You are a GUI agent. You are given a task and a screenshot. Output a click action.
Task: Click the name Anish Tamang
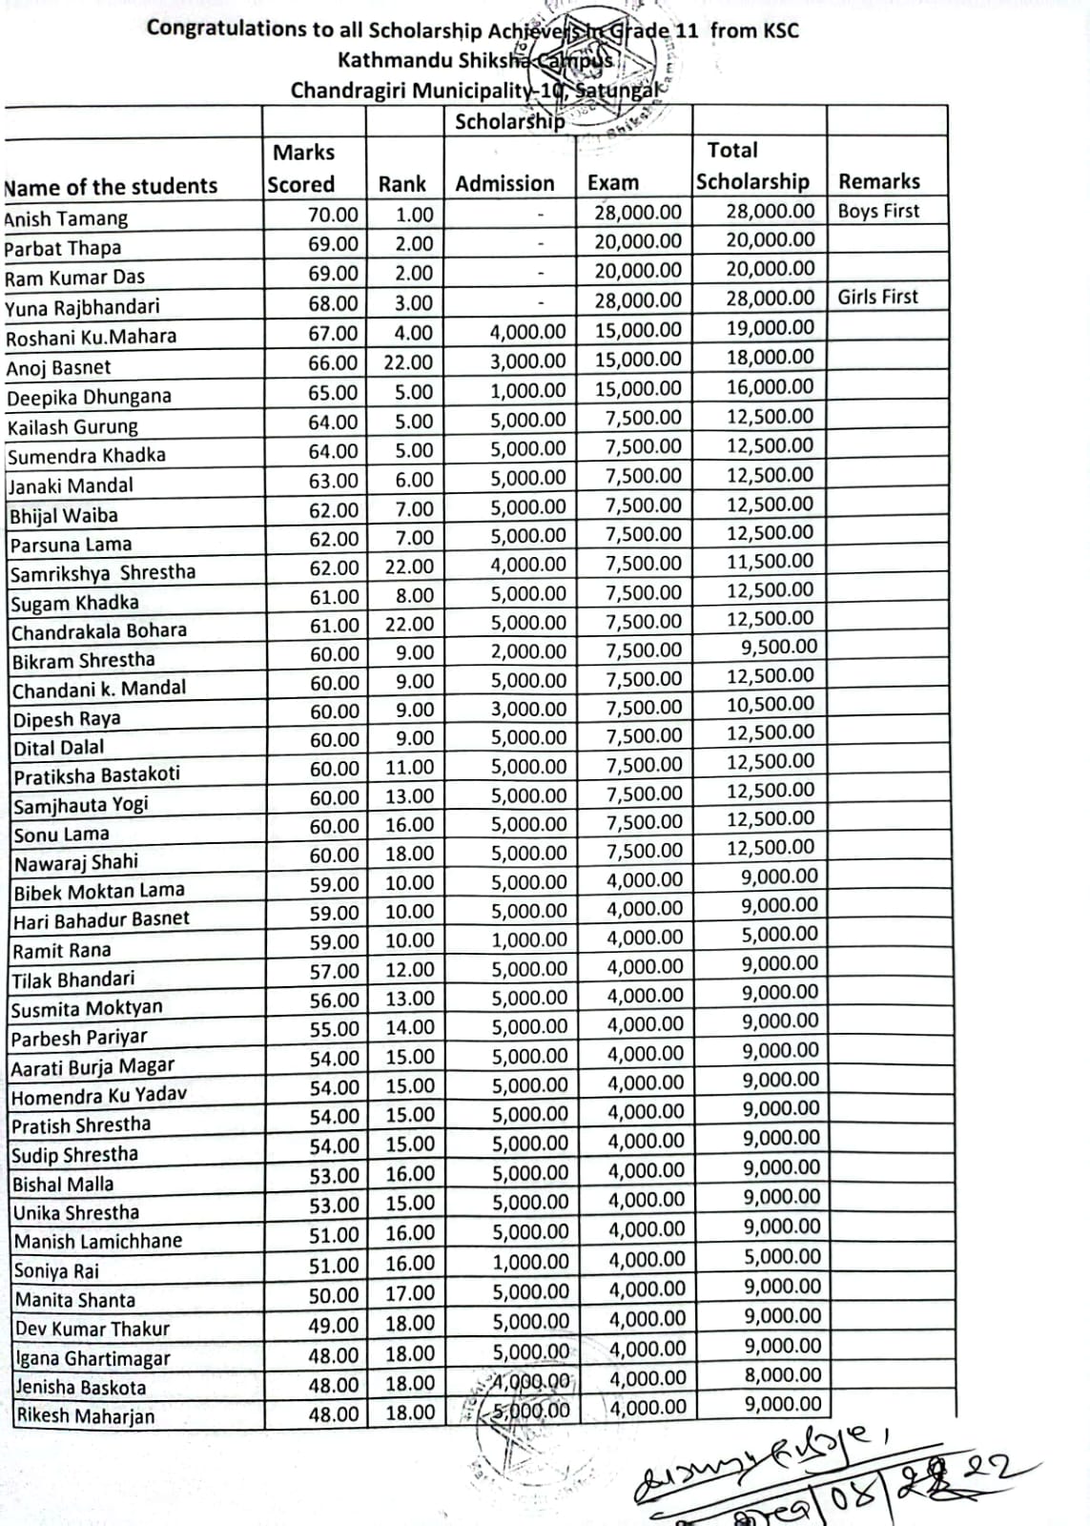66,218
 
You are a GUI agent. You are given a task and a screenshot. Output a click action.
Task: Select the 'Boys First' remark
878,211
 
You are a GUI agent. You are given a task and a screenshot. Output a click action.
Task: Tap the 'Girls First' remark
877,297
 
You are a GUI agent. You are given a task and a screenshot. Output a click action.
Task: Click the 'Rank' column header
401,184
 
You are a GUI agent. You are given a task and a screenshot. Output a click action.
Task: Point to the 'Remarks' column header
878,181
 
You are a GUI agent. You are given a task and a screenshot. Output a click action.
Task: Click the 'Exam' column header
612,182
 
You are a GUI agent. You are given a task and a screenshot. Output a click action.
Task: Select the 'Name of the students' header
111,186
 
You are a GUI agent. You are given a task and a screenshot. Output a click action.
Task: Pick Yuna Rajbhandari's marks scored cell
333,303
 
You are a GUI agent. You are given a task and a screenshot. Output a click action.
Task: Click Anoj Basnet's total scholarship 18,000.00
771,357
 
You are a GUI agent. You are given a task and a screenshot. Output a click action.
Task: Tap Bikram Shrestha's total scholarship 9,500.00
779,647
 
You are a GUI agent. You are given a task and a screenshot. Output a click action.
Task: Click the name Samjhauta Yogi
81,804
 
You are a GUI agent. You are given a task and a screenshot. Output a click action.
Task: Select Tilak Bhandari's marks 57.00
334,971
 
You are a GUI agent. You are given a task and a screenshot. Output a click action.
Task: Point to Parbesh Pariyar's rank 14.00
410,1027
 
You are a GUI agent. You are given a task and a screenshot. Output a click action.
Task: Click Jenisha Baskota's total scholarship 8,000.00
782,1374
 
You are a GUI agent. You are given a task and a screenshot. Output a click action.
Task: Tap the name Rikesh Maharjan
85,1415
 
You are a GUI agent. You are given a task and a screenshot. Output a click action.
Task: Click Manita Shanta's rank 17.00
410,1293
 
